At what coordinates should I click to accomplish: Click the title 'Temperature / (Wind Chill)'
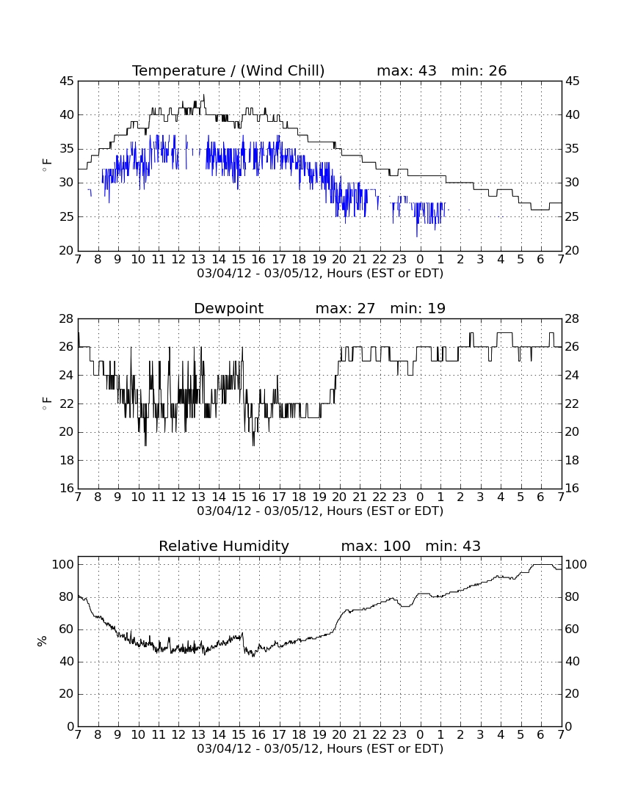coord(228,71)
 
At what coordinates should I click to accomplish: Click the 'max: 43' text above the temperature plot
coord(407,71)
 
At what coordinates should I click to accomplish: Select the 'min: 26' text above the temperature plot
coord(479,71)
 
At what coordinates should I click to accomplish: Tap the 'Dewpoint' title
coord(228,309)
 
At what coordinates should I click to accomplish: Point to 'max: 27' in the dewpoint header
coord(345,309)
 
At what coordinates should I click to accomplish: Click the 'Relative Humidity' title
coord(224,546)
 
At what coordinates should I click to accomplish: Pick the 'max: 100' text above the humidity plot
coord(376,546)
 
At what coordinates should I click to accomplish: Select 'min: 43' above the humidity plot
coord(453,546)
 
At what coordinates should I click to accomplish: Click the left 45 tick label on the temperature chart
coord(67,81)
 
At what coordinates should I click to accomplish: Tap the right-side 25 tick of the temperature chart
coord(573,216)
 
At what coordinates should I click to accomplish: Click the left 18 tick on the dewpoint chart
coord(67,461)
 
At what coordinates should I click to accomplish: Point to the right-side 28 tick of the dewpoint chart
coord(573,319)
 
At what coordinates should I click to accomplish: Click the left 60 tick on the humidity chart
coord(67,629)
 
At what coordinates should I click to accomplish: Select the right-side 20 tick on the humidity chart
coord(573,694)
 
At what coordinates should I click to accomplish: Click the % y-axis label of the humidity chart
coord(43,641)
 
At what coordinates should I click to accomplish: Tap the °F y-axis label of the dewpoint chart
coord(46,403)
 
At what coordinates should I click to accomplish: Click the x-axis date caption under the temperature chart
coord(320,274)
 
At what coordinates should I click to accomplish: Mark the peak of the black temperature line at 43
coord(204,95)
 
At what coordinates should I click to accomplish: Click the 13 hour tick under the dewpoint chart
coord(199,497)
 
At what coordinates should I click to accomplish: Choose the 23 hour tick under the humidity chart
coord(399,735)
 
